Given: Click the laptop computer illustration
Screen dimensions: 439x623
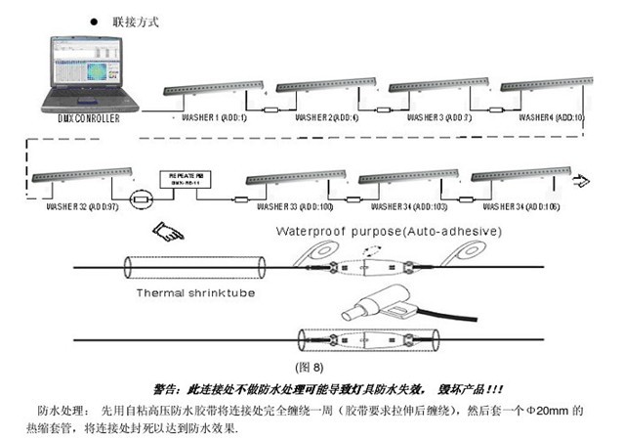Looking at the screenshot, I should click(83, 72).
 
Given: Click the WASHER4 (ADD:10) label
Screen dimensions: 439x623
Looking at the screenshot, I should click(551, 116).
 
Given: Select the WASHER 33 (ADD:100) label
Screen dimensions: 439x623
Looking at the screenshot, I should click(294, 207).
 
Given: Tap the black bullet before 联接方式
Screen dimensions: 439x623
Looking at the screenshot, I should click(94, 20).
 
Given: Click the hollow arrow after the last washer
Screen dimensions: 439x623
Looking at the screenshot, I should click(581, 180).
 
